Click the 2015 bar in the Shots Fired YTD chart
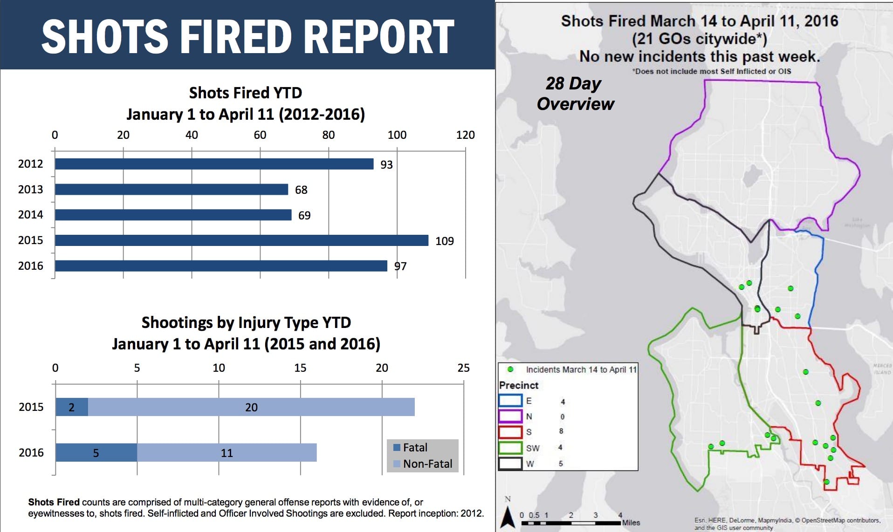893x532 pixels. click(x=241, y=240)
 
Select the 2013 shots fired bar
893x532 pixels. click(x=171, y=190)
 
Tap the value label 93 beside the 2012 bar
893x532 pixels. click(x=386, y=164)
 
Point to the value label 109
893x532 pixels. click(x=444, y=241)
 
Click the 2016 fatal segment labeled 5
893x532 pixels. click(x=96, y=453)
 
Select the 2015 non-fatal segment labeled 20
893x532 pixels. click(x=251, y=407)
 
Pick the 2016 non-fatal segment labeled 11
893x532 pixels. click(x=227, y=453)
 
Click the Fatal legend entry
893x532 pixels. click(x=410, y=448)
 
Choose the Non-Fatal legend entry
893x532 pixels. click(x=423, y=464)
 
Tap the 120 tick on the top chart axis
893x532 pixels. click(x=465, y=135)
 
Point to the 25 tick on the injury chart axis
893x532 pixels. click(x=463, y=368)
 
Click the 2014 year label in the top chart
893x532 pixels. click(x=30, y=215)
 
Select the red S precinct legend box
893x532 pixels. click(x=510, y=432)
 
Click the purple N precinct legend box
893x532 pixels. click(x=510, y=416)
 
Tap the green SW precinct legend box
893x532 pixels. click(x=510, y=448)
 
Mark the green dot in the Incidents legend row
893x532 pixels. click(x=510, y=369)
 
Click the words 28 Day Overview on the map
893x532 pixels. click(x=575, y=94)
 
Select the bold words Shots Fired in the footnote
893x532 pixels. click(x=54, y=502)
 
